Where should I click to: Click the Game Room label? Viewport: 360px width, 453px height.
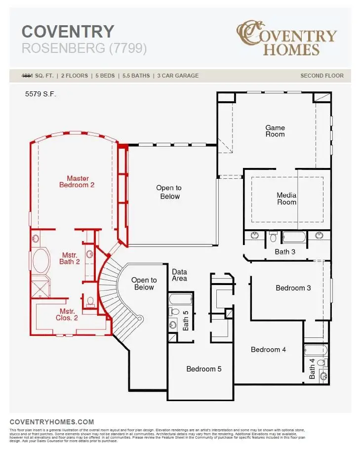coord(275,131)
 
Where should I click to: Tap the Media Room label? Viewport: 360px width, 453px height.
coord(286,199)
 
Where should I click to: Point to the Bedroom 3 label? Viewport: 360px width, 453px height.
coord(293,288)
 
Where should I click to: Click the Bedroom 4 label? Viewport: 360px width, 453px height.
coord(268,350)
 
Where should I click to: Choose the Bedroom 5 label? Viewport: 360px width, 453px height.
coord(204,369)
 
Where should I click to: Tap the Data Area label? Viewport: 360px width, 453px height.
coord(179,275)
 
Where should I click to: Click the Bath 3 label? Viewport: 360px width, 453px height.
coord(285,252)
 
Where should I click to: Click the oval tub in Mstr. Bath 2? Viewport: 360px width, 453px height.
coord(40,260)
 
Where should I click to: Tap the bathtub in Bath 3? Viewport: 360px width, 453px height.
coord(294,237)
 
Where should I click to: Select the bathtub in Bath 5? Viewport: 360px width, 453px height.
coord(180,299)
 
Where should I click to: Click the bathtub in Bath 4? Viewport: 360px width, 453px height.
coord(316,351)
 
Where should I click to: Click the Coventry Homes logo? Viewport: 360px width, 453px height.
coord(286,38)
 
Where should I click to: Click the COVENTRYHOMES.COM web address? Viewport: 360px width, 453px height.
coord(52,422)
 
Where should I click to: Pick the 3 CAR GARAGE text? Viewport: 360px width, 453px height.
coord(178,76)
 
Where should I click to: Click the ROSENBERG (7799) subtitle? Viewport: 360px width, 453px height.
coord(84,48)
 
